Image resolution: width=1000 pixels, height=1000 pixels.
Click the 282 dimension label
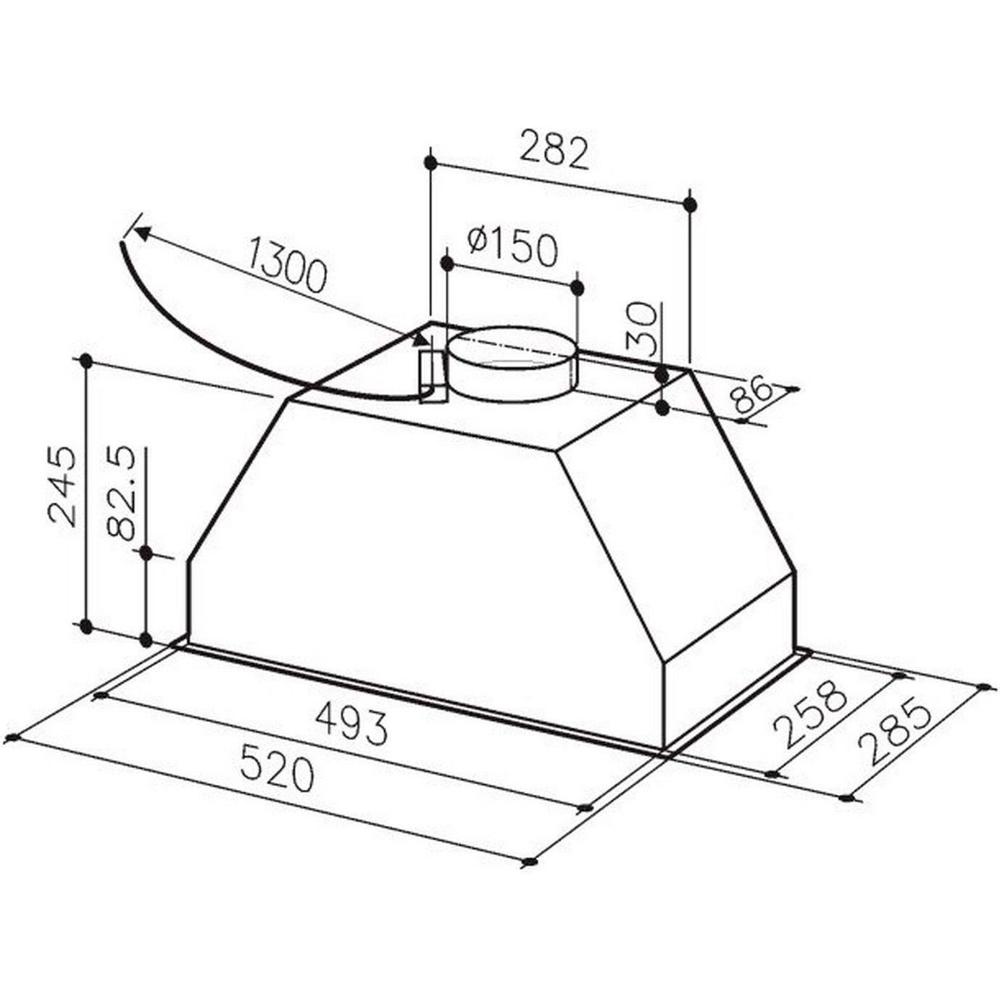554,153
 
